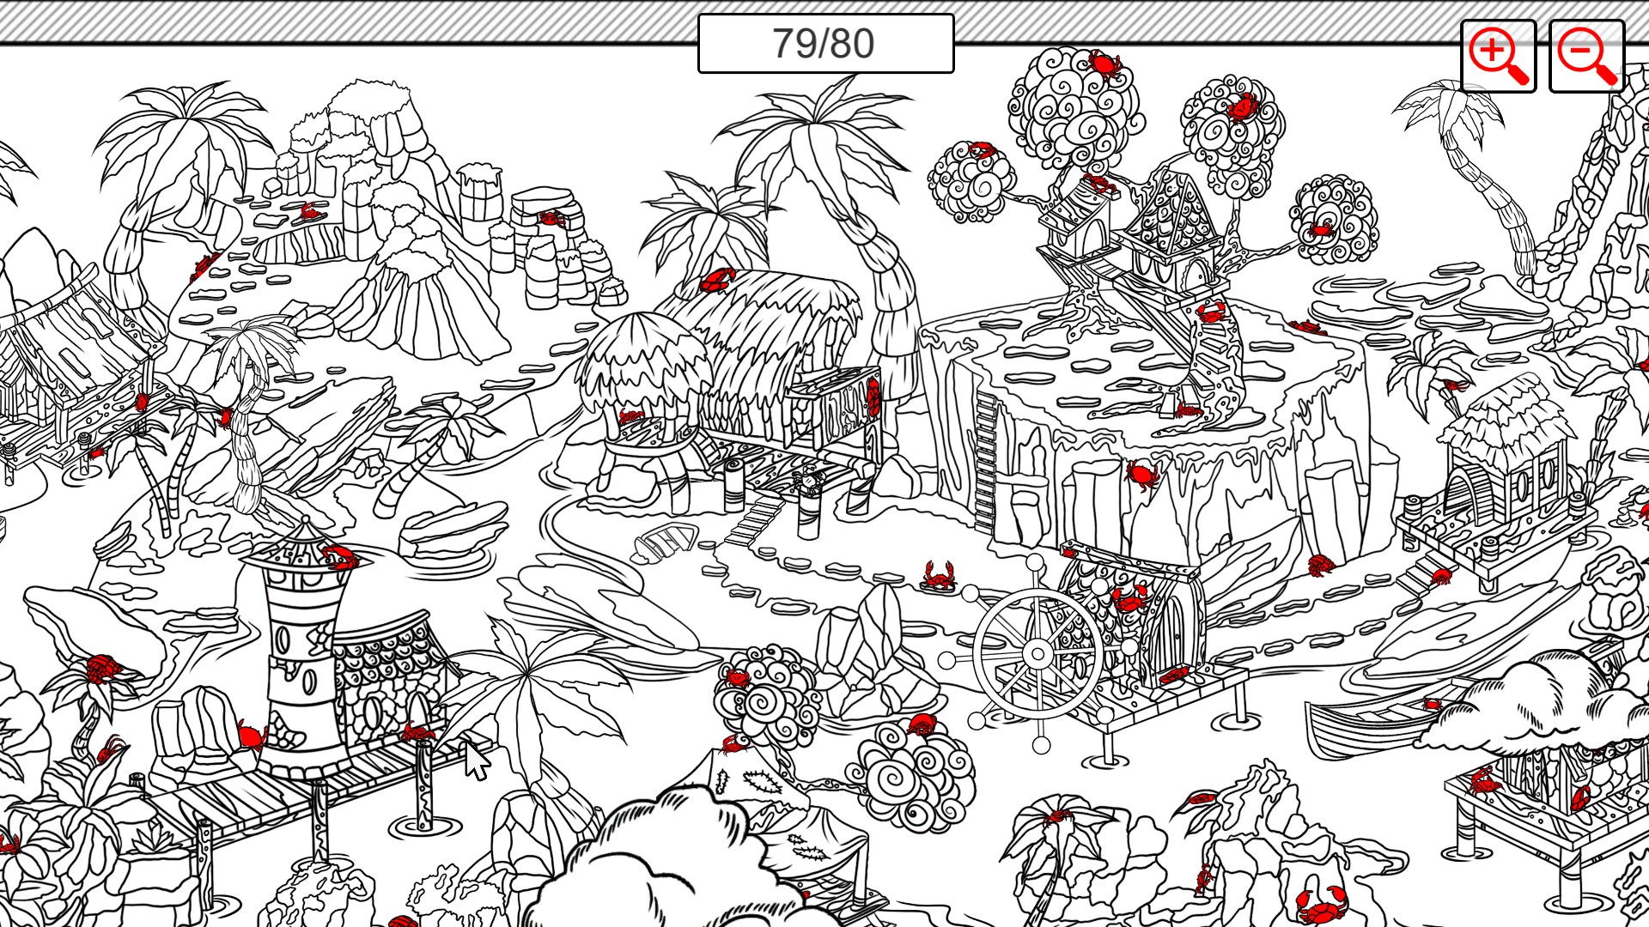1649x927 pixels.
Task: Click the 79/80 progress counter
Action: tap(824, 43)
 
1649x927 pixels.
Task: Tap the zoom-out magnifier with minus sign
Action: tap(1585, 56)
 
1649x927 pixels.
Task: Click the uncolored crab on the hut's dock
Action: tap(808, 481)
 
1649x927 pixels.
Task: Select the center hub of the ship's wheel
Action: tap(1037, 655)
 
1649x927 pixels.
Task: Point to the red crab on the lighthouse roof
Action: tap(341, 558)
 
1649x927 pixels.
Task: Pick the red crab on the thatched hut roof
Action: tap(716, 280)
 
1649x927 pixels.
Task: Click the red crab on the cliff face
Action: tap(1142, 474)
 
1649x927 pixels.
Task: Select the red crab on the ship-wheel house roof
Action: tap(1129, 597)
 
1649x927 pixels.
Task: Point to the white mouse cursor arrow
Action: tap(475, 760)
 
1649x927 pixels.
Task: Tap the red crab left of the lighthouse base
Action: tap(252, 736)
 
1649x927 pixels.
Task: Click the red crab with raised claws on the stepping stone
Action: tap(940, 575)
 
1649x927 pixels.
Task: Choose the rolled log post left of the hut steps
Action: tap(733, 485)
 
